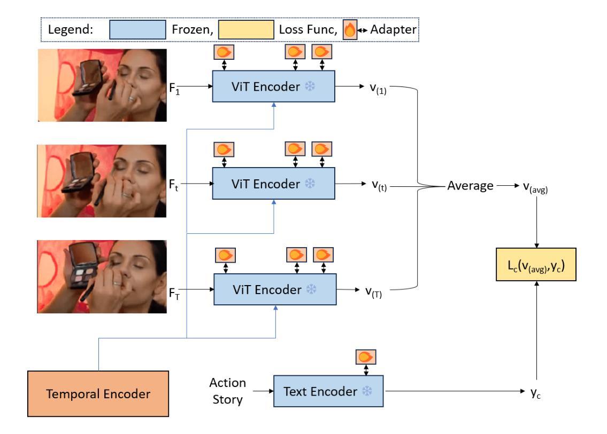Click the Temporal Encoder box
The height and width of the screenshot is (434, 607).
tap(98, 393)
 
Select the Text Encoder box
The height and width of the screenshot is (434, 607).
tap(328, 391)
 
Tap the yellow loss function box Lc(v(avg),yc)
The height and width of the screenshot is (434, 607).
tap(536, 264)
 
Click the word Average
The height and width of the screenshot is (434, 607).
tap(470, 185)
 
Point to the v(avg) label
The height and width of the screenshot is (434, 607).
tap(535, 187)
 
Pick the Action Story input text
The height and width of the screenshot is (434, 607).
tap(228, 391)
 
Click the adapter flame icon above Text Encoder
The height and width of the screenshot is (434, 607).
tap(365, 357)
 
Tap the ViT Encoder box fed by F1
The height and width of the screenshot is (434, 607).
tap(273, 86)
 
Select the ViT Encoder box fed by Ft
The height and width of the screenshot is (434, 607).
tap(273, 183)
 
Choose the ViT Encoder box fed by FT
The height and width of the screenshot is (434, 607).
tap(275, 289)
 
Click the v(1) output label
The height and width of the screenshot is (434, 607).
tap(378, 89)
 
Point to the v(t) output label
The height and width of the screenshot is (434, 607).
tap(379, 185)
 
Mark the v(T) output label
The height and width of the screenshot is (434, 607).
tap(374, 292)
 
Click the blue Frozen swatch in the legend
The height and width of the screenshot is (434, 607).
tap(137, 30)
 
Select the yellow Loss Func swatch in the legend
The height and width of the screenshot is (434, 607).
tap(246, 30)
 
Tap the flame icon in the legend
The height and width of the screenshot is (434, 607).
tap(350, 30)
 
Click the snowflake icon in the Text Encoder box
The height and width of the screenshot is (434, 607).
tap(366, 391)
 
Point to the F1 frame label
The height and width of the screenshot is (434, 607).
tap(174, 89)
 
